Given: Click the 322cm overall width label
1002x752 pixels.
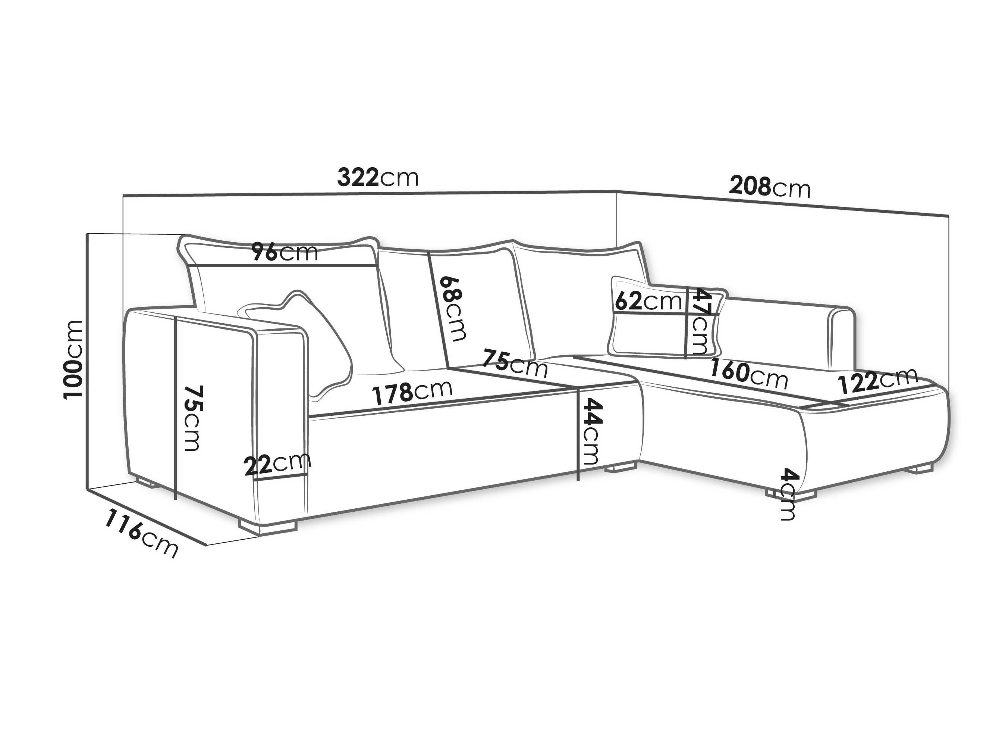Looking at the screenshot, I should [x=378, y=178].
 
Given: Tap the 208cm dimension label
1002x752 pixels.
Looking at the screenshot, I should [x=769, y=187].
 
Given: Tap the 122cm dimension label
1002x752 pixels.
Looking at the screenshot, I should [x=878, y=381].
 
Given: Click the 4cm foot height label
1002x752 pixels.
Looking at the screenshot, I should [x=789, y=494].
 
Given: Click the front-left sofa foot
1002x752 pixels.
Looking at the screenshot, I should [x=267, y=525].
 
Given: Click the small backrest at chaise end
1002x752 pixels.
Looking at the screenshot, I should [x=842, y=338].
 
